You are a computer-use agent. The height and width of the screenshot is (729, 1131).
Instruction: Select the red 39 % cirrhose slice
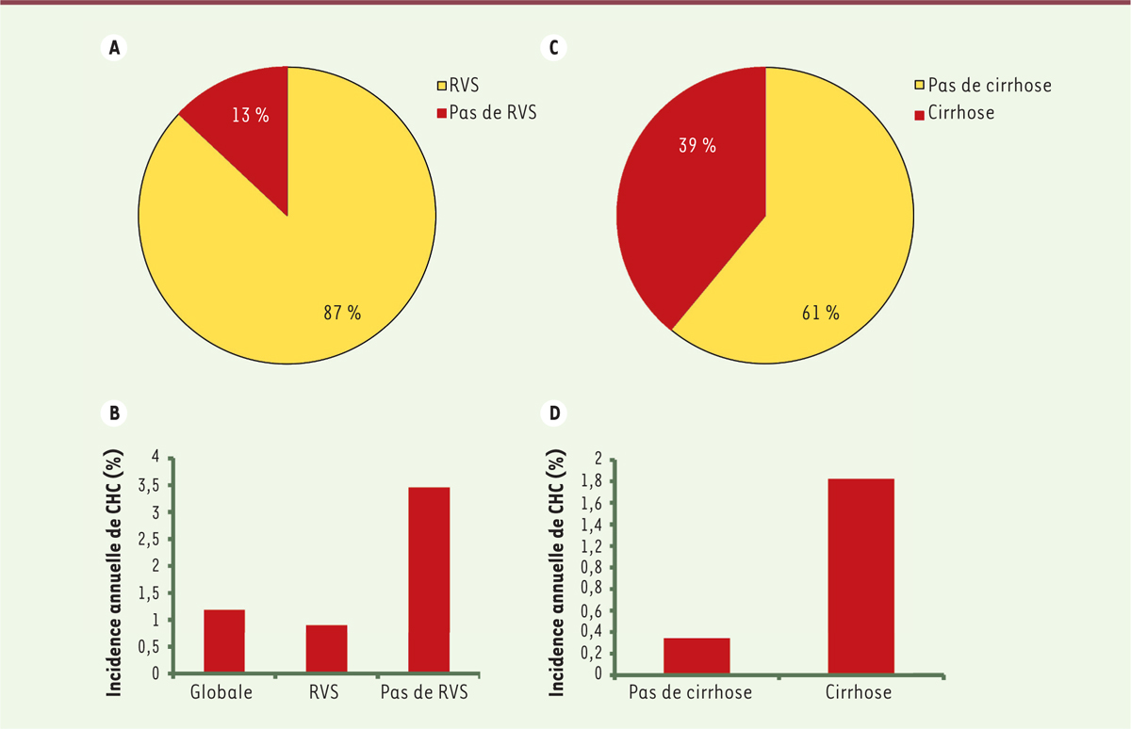687,188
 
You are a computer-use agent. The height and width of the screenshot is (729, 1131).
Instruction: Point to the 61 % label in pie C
819,313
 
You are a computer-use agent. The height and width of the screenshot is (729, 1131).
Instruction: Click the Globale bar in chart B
224,641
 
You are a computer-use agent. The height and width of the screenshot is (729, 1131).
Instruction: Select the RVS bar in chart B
326,649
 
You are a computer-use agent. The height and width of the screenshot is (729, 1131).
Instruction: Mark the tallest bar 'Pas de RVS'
429,580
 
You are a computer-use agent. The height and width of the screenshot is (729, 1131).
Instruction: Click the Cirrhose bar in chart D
861,576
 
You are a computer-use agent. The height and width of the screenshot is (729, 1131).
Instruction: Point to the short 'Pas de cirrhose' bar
697,656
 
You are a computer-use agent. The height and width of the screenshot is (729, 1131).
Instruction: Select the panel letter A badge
115,50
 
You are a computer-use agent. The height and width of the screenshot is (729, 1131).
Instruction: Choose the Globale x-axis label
222,693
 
